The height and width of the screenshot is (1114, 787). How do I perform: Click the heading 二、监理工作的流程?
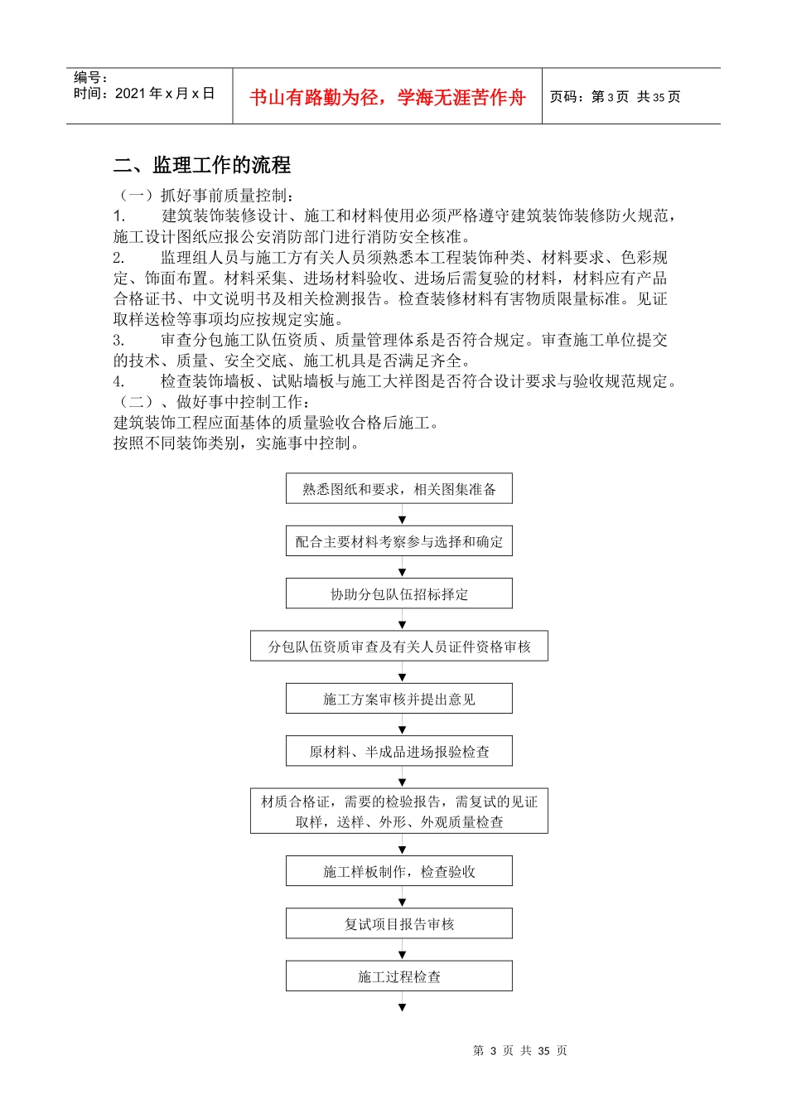coord(202,165)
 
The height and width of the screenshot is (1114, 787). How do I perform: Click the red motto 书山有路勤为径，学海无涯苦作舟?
coord(388,98)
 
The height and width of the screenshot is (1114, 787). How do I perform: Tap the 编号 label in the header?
coord(90,78)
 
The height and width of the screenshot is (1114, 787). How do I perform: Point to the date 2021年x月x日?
coord(165,94)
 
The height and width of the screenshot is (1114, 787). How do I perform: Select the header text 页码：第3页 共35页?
coord(615,97)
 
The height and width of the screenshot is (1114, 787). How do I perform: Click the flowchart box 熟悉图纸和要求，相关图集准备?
coord(399,489)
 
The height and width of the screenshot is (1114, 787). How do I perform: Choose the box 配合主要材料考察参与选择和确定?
coord(399,541)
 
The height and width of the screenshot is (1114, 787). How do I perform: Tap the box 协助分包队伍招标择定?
coord(399,594)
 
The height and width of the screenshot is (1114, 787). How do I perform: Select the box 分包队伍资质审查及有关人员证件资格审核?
coord(399,647)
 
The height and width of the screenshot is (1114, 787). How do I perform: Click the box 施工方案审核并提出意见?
coord(399,699)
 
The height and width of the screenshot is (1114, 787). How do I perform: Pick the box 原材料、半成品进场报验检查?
coord(399,752)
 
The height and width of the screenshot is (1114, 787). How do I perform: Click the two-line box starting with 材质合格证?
coord(399,811)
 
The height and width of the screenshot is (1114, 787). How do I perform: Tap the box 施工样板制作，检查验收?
coord(399,871)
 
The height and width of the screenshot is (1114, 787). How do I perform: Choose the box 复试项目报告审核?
coord(399,923)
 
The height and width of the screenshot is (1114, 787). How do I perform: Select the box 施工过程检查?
coord(399,976)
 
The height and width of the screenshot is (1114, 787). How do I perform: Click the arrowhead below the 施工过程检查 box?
coord(403,1007)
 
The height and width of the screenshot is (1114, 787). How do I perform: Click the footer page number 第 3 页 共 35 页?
coord(519,1050)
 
